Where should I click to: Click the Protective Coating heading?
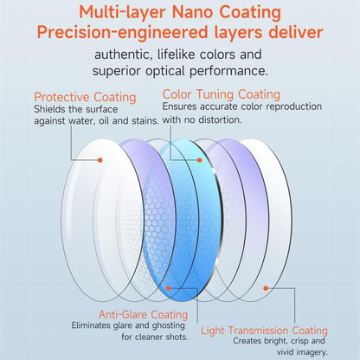[x=85, y=98]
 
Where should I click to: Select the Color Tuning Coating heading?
[x=222, y=94]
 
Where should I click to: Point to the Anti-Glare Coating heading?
[x=144, y=314]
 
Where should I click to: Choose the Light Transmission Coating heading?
[x=264, y=331]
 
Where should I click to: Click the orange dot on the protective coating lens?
[x=100, y=160]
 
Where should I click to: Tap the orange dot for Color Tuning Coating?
[x=200, y=160]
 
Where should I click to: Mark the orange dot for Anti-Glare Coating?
[x=169, y=288]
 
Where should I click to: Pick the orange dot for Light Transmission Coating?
[x=266, y=288]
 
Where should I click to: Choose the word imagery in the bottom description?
[x=311, y=352]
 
